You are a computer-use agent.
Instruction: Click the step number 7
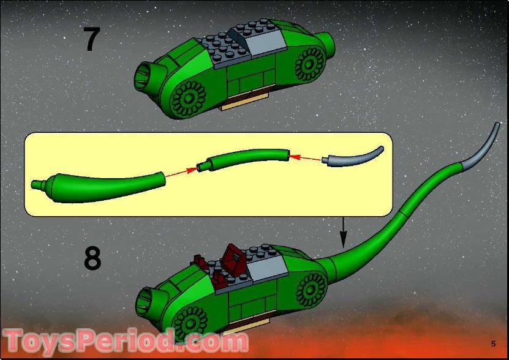coord(91,40)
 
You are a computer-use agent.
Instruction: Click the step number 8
coord(92,258)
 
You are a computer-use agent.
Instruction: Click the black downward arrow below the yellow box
coord(343,231)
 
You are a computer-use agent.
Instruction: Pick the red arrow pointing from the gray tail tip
coord(306,158)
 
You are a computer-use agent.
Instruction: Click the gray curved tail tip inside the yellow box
coord(355,156)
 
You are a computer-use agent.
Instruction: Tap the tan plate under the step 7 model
coord(245,102)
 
